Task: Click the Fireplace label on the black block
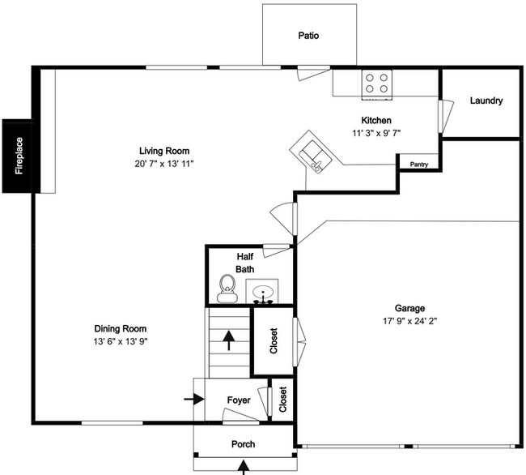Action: click(19, 156)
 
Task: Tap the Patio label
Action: click(308, 36)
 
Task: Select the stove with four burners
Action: click(377, 84)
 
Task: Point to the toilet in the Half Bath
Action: click(227, 289)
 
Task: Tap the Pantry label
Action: click(419, 165)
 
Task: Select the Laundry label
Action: click(486, 101)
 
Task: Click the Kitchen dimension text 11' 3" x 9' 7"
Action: click(376, 133)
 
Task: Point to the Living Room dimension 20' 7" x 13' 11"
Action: click(164, 164)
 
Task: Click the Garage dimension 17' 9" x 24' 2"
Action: click(410, 321)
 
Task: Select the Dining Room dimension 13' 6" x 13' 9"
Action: click(121, 341)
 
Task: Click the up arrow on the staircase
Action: click(229, 340)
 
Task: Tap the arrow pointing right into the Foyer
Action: click(194, 399)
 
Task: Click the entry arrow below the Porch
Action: click(244, 468)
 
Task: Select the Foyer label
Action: click(239, 400)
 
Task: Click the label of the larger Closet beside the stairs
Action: click(274, 340)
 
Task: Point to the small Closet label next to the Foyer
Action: click(282, 399)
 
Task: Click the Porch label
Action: click(244, 444)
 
